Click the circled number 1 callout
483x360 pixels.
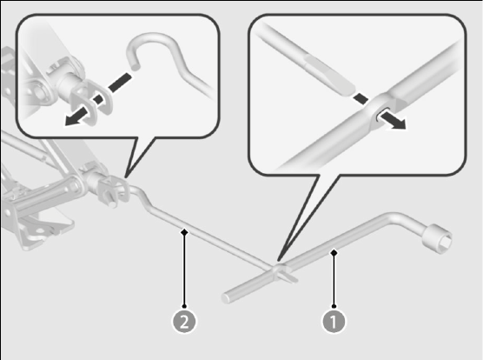click(334, 322)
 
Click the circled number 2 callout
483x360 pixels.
click(184, 322)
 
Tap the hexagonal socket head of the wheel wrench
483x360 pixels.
click(438, 238)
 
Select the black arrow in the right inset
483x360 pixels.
click(393, 120)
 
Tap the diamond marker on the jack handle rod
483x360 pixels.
click(184, 231)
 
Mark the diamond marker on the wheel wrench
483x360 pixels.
click(334, 253)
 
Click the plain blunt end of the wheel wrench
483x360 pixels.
click(227, 298)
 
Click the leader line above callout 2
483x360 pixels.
click(184, 269)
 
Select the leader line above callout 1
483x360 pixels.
click(334, 279)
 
